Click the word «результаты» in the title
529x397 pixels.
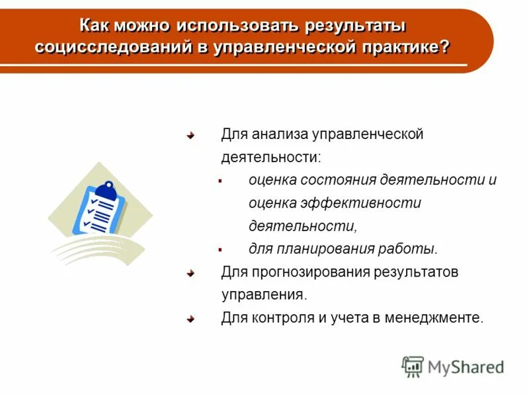pyautogui.click(x=354, y=26)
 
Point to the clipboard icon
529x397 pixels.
pyautogui.click(x=100, y=210)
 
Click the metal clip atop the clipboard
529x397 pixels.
pyautogui.click(x=109, y=189)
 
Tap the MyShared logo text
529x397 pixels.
pyautogui.click(x=466, y=367)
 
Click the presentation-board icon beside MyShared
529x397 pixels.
pyautogui.click(x=413, y=367)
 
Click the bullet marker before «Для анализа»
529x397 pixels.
pyautogui.click(x=190, y=135)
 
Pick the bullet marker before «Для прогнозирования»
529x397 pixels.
pyautogui.click(x=190, y=272)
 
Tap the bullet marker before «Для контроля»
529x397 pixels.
pyautogui.click(x=190, y=318)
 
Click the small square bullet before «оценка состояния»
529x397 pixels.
pyautogui.click(x=220, y=180)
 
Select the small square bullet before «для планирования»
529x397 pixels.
pyautogui.click(x=220, y=249)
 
